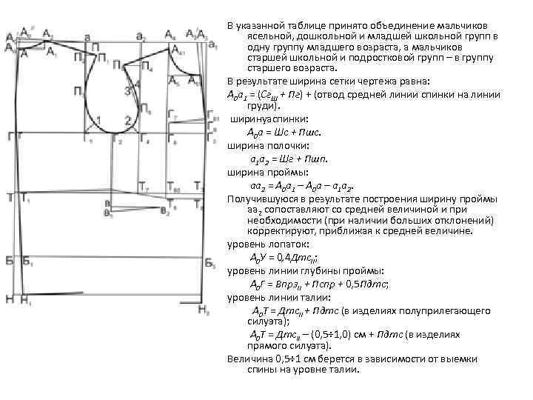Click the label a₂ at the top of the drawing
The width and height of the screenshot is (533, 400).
tap(141, 36)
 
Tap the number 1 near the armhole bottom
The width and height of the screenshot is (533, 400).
tap(99, 120)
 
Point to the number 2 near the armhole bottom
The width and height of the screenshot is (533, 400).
tap(128, 120)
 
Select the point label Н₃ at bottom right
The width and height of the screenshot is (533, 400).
tap(204, 311)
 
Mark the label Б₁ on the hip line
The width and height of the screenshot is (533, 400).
tap(27, 261)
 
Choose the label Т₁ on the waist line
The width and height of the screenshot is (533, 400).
tap(26, 198)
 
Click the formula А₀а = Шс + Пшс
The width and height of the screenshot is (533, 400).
tap(283, 131)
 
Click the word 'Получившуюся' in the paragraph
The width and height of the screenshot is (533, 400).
tap(261, 199)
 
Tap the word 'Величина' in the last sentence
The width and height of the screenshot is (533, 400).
tap(247, 358)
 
